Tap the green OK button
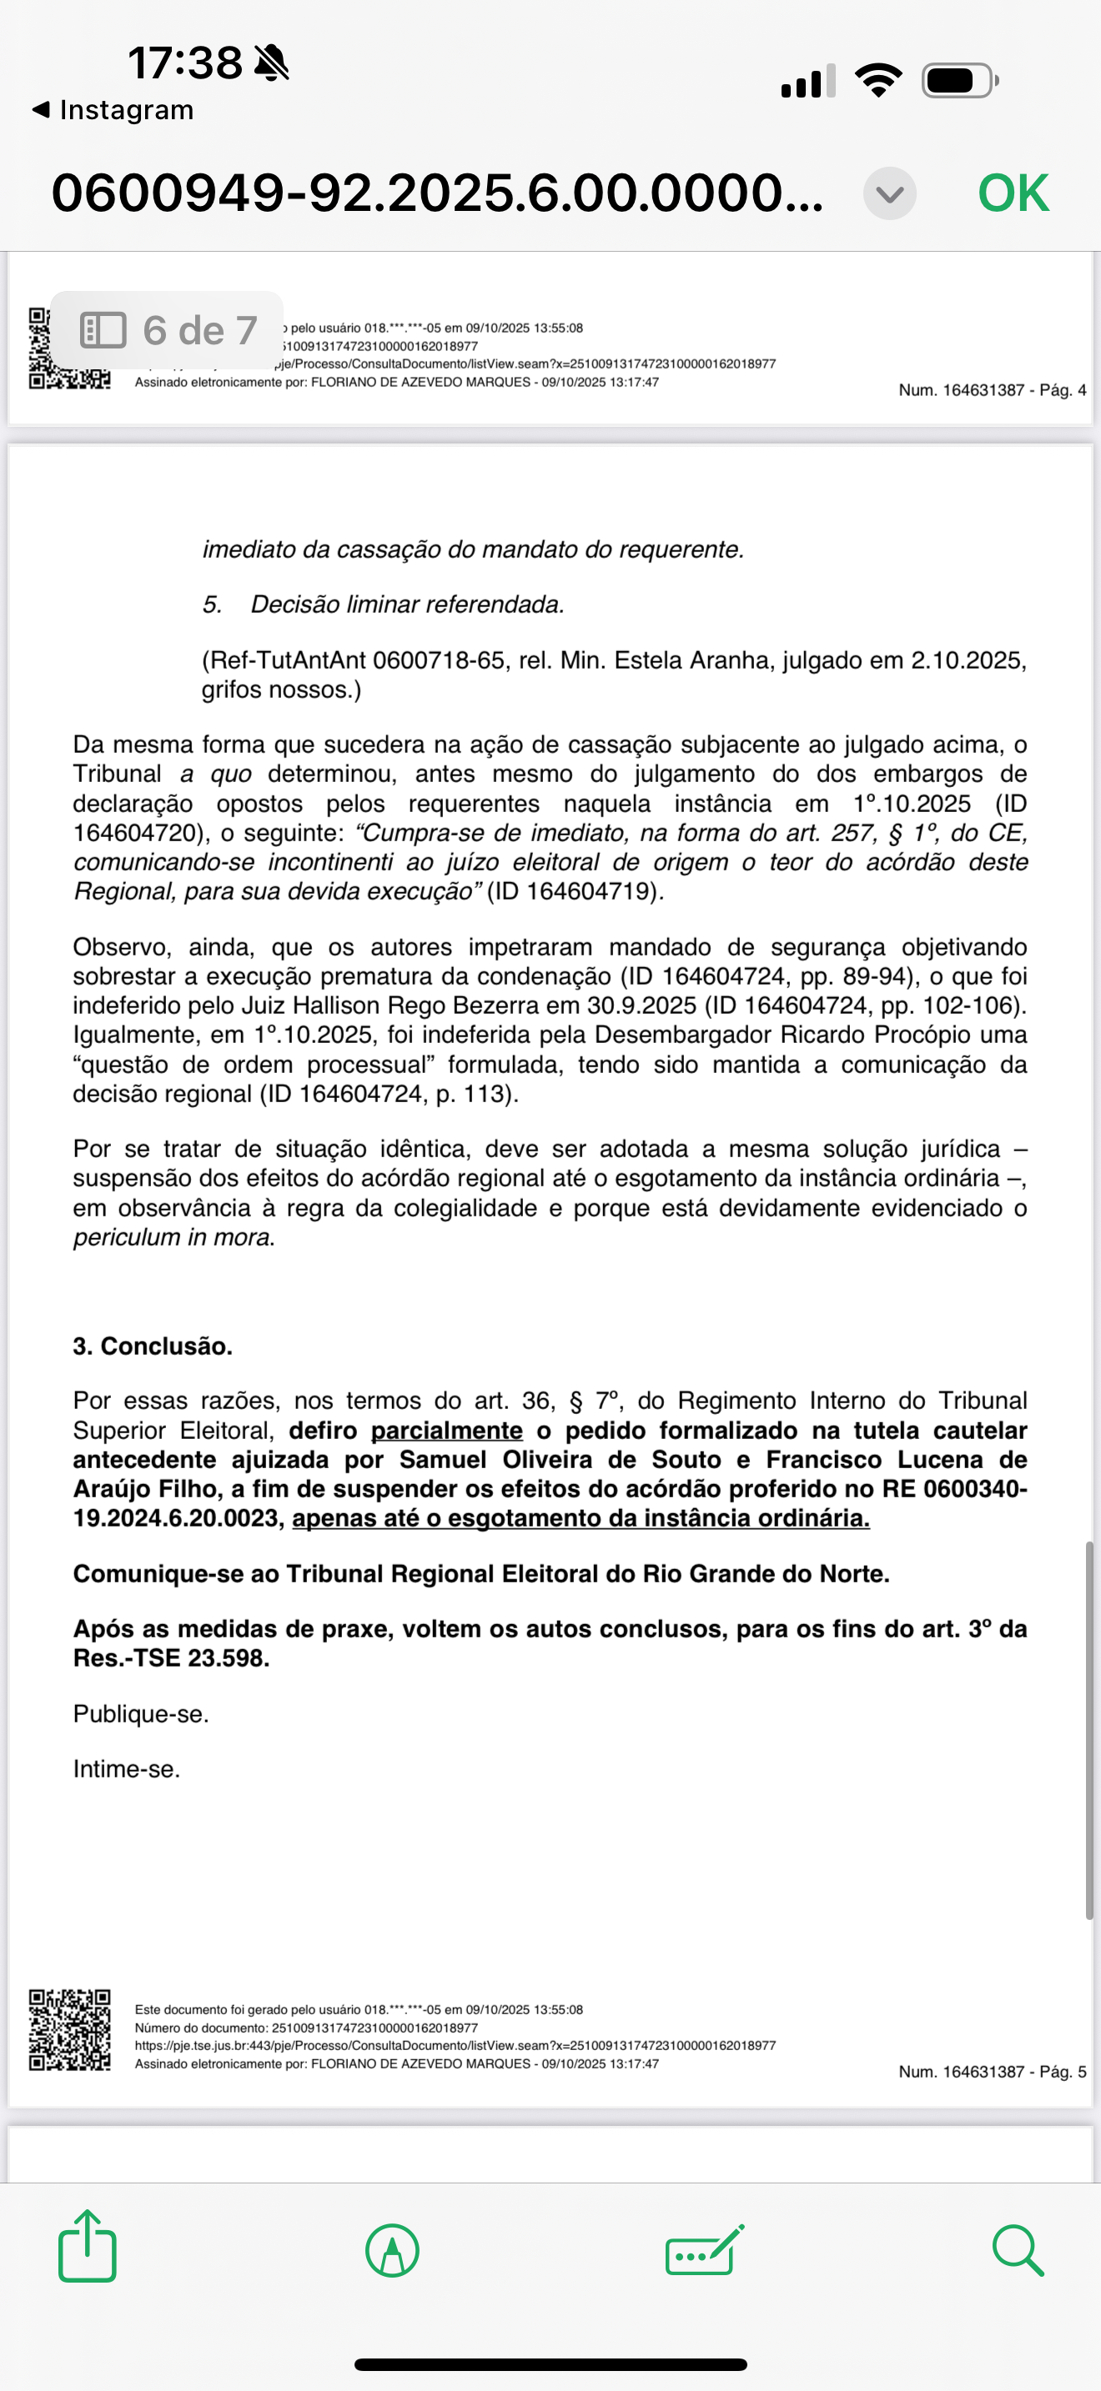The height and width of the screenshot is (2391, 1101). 1013,193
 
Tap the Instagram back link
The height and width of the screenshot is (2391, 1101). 113,109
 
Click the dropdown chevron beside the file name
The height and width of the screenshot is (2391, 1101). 889,193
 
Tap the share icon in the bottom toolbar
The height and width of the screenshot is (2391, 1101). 88,2250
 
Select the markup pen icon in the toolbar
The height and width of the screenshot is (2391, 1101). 392,2251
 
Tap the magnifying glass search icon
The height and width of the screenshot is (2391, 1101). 1018,2251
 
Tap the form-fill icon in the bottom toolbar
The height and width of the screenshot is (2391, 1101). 705,2251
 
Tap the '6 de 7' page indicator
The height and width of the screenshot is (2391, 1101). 168,330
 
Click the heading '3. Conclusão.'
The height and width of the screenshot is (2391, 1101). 153,1346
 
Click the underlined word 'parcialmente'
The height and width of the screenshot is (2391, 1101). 446,1431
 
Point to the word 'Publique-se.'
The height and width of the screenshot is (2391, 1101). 141,1713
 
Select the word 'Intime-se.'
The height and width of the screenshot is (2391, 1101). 127,1768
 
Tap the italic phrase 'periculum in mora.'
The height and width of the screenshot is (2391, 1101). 174,1237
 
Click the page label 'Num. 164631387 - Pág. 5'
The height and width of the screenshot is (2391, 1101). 992,2072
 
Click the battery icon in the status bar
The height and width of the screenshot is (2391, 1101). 960,81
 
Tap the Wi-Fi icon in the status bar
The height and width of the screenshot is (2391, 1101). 878,80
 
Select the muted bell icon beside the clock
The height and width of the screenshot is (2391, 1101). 271,63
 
